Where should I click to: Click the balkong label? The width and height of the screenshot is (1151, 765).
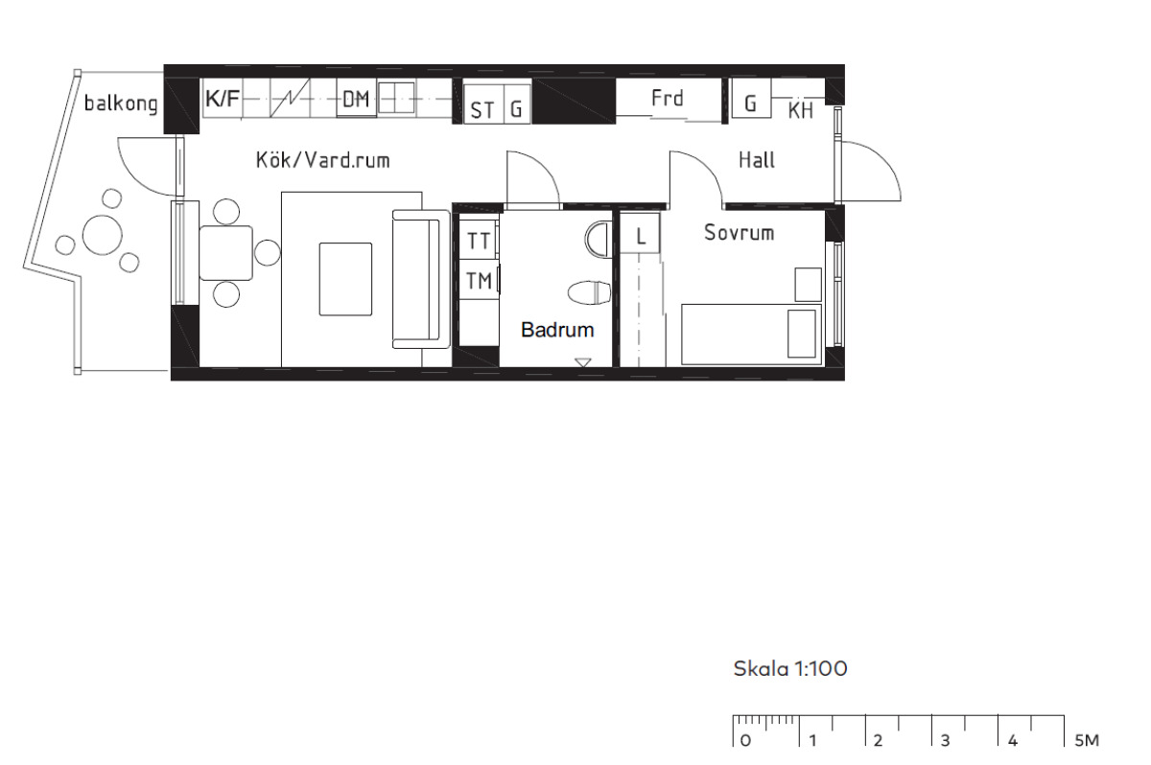coord(121,104)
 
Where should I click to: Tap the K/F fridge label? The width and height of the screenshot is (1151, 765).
coord(223,98)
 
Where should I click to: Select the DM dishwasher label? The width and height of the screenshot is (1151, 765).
coord(356,99)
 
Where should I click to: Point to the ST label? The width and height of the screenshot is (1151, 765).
coord(482,110)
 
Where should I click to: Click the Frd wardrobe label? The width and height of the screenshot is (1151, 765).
coord(667,98)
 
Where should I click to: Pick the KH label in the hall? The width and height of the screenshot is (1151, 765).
coord(801,110)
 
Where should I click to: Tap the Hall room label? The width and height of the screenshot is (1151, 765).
coord(757,160)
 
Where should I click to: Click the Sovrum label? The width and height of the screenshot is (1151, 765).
coord(739,233)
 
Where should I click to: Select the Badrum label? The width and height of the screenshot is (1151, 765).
coord(557,330)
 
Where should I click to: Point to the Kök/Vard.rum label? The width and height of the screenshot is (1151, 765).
coord(322,160)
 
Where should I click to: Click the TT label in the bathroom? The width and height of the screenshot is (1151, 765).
coord(479,241)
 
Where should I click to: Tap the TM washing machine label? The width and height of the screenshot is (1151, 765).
coord(479,281)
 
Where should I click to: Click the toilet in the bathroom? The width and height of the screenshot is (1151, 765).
coord(589,292)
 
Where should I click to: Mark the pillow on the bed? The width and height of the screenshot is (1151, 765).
coord(802,334)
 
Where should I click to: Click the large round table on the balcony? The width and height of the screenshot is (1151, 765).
coord(103,235)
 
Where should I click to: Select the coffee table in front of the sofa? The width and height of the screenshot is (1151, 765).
coord(345,279)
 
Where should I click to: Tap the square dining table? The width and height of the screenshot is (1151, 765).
coord(225,253)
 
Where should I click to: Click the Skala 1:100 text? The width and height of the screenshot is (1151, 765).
coord(790,668)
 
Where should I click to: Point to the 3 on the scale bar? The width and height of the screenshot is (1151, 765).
coord(945,741)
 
